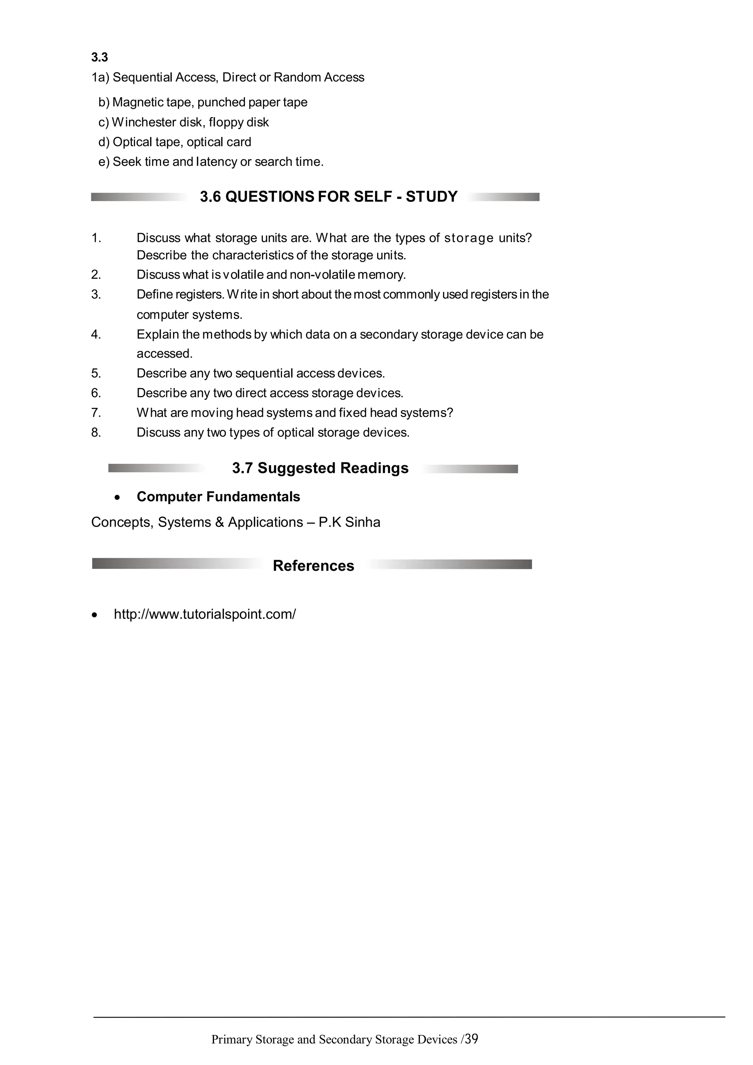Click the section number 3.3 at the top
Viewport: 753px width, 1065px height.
click(x=99, y=58)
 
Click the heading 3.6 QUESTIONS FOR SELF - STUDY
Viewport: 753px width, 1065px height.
click(x=328, y=197)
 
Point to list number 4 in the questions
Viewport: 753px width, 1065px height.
click(x=96, y=334)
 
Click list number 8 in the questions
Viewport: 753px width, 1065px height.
click(x=96, y=433)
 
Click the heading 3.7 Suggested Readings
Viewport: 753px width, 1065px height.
click(x=320, y=468)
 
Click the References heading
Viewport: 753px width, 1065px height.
click(x=313, y=566)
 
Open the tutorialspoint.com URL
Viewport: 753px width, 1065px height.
click(x=204, y=614)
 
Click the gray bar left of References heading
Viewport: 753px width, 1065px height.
click(x=176, y=564)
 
